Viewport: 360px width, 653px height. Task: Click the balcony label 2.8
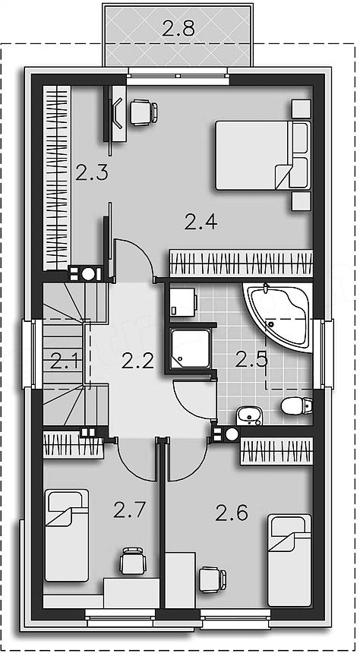(x=178, y=30)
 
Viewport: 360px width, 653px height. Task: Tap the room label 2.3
(x=92, y=172)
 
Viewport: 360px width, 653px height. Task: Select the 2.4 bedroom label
(x=201, y=221)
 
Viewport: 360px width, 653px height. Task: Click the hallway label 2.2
(x=138, y=361)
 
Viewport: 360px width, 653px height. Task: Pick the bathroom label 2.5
(x=251, y=359)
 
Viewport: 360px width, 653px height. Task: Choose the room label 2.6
(x=232, y=513)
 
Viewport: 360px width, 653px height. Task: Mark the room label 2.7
(x=130, y=509)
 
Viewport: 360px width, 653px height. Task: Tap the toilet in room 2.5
(x=296, y=405)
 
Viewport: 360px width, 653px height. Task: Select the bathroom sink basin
(x=249, y=416)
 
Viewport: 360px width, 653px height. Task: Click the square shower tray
(x=191, y=349)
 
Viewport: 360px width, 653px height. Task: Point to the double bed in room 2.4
(x=263, y=155)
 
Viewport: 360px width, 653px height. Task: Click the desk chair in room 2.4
(x=144, y=112)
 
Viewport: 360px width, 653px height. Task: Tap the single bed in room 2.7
(x=67, y=535)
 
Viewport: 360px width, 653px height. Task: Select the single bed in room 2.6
(x=289, y=560)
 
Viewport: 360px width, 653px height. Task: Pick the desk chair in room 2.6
(x=213, y=579)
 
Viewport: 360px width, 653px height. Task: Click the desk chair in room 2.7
(x=133, y=561)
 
